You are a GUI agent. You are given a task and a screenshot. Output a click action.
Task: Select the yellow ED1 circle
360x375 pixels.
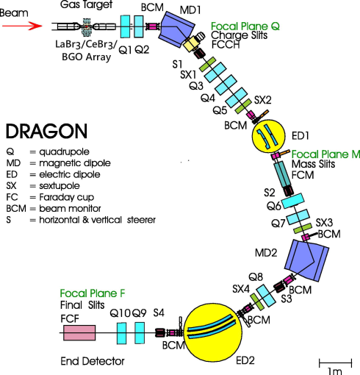[271, 137]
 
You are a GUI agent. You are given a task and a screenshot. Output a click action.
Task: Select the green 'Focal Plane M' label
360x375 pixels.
[325, 156]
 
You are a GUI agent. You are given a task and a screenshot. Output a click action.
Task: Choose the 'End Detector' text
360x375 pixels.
[92, 362]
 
